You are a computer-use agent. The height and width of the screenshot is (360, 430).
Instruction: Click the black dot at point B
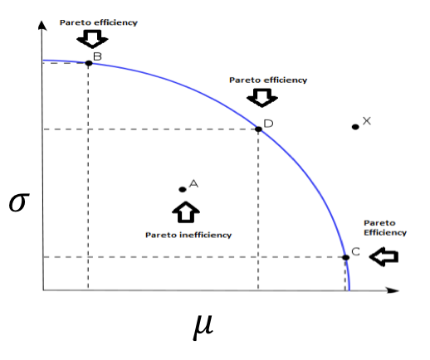[x=89, y=63]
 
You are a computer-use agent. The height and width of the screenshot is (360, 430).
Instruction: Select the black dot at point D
[x=258, y=129]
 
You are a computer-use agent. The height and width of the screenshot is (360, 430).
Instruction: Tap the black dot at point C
[x=346, y=257]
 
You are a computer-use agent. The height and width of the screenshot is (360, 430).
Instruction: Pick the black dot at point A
[x=183, y=189]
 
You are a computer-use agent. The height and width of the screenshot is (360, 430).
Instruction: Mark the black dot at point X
[x=355, y=127]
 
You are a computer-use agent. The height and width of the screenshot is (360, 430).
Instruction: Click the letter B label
[x=97, y=56]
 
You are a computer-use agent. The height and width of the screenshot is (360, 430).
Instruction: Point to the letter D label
[x=268, y=124]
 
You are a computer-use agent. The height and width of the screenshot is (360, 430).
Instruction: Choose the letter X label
[x=367, y=121]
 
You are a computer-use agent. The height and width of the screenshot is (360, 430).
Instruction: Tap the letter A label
[x=193, y=183]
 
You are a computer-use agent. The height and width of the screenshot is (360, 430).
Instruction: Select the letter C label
[x=355, y=251]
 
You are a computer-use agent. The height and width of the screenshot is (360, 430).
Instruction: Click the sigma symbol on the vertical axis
[x=19, y=202]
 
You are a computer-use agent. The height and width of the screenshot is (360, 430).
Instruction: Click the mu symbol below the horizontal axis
[x=203, y=327]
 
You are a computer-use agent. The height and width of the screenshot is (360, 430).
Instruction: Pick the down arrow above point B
[x=92, y=39]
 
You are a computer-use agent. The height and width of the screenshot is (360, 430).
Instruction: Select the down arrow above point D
[x=262, y=98]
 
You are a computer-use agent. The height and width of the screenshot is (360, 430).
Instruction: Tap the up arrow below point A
[x=186, y=212]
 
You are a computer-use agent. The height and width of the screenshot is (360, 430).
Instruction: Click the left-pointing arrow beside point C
[x=384, y=257]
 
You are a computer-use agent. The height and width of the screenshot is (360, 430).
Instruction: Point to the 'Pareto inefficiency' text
[x=188, y=235]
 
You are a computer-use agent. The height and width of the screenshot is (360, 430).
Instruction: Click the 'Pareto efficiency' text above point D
[x=268, y=80]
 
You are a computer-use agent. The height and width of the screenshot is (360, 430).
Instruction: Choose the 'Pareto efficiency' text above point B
[x=99, y=22]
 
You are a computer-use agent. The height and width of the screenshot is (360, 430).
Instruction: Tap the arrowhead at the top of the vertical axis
[x=42, y=25]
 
